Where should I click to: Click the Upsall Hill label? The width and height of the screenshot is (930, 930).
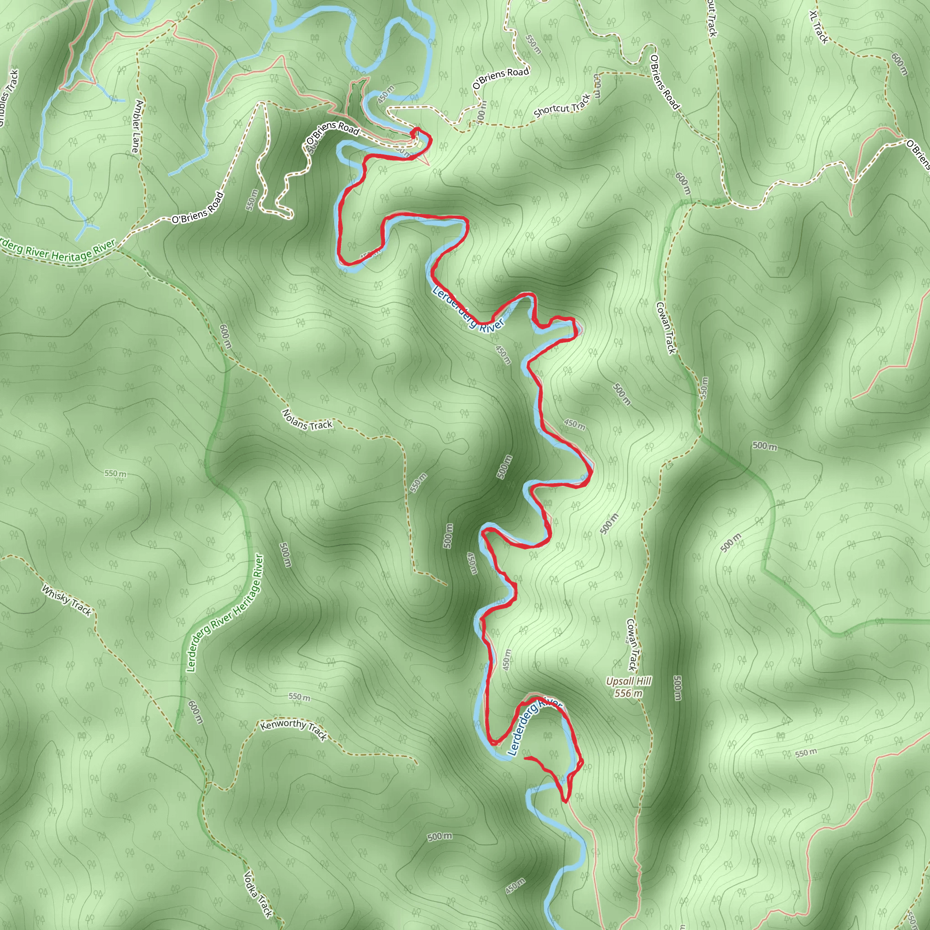click(628, 681)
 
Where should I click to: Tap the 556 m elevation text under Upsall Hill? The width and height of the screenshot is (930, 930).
click(628, 693)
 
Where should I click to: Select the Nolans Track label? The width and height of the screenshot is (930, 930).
click(307, 420)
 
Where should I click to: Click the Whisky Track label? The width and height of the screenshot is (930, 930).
click(66, 600)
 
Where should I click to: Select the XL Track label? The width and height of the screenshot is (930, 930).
click(819, 27)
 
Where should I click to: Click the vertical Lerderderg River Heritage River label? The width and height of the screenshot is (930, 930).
click(225, 613)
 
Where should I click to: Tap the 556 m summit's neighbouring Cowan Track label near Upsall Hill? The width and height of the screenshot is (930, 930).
click(632, 645)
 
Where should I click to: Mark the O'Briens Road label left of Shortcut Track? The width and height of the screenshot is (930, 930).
click(500, 78)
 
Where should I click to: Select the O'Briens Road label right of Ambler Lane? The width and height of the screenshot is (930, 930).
click(198, 208)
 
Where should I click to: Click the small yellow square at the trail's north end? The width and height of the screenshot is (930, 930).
click(420, 145)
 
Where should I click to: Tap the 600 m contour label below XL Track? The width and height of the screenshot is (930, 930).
click(899, 64)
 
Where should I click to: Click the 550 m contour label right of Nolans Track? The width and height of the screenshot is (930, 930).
click(418, 483)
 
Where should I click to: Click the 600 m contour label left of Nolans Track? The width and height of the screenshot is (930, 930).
click(225, 336)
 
